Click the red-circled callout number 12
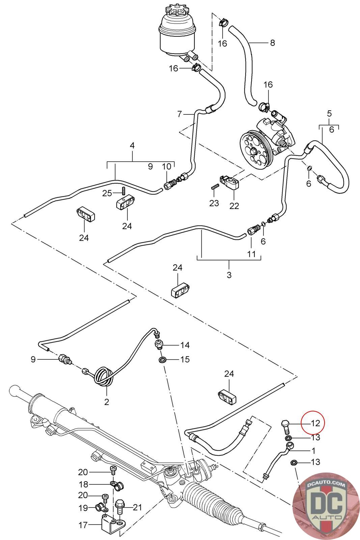click(x=315, y=423)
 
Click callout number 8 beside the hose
click(x=272, y=43)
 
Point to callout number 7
click(x=179, y=114)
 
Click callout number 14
click(x=185, y=345)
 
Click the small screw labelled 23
click(x=213, y=187)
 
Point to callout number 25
click(x=107, y=193)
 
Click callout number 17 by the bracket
click(x=83, y=525)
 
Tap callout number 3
click(x=229, y=275)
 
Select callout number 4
click(x=132, y=145)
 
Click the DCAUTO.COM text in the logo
click(x=326, y=485)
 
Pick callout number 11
click(x=251, y=254)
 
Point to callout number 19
click(x=83, y=508)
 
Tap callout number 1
click(x=313, y=450)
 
